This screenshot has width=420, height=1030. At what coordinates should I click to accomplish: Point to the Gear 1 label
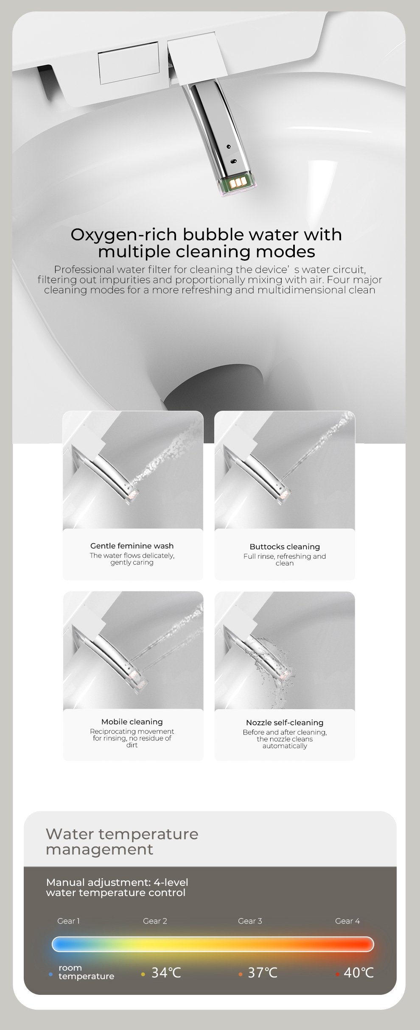click(68, 921)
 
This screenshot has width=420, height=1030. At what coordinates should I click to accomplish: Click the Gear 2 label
click(155, 921)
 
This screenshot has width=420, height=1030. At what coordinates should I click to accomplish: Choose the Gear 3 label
click(250, 921)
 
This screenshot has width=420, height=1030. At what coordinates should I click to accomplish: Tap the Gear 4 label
click(347, 921)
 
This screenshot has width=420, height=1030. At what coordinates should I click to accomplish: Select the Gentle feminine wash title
click(132, 546)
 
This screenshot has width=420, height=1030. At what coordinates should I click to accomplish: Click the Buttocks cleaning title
click(285, 547)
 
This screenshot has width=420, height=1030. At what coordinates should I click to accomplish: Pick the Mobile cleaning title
click(132, 722)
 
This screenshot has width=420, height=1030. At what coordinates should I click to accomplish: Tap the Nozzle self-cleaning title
click(285, 723)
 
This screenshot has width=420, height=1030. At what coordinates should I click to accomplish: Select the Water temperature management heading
click(122, 841)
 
